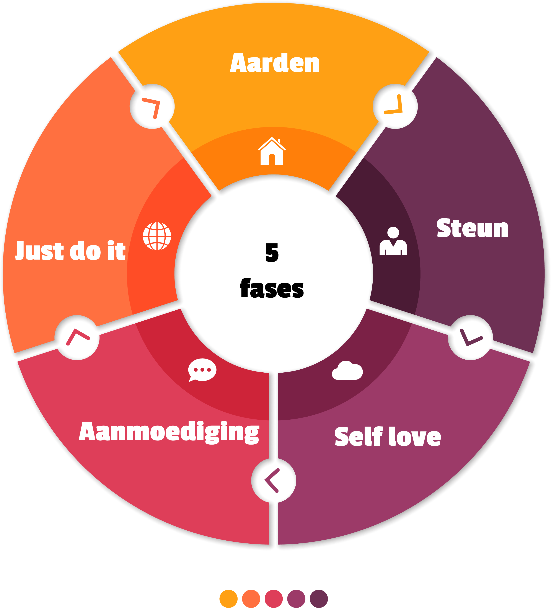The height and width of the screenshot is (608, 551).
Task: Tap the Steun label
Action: click(472, 228)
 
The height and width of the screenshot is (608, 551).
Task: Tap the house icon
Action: click(272, 151)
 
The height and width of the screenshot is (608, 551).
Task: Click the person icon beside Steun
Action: click(393, 241)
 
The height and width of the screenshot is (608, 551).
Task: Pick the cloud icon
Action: click(347, 371)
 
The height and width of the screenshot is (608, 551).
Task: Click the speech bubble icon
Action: click(202, 370)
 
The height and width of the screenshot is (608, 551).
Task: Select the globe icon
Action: click(157, 236)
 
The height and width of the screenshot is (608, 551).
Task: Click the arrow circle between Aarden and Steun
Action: click(395, 106)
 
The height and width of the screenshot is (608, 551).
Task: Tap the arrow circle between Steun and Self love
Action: click(470, 337)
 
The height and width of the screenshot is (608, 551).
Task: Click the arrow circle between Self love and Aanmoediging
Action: click(274, 480)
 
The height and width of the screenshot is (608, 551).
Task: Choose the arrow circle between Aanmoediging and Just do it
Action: click(77, 337)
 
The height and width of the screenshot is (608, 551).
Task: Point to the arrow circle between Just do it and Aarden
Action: click(152, 106)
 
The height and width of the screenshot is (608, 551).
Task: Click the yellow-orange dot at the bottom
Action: click(228, 599)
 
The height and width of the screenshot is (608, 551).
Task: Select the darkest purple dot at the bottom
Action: click(319, 599)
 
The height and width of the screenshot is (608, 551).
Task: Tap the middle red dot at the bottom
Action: click(274, 599)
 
